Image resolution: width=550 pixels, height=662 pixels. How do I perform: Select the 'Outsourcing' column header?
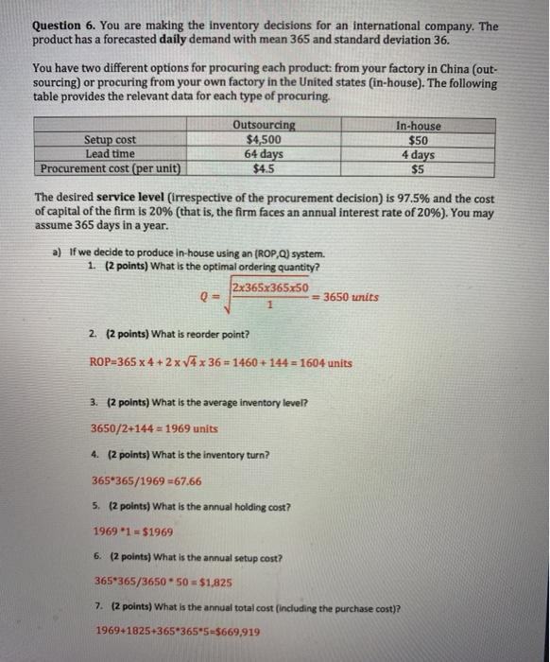[x=264, y=126]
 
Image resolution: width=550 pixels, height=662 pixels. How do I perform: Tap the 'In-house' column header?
[x=419, y=126]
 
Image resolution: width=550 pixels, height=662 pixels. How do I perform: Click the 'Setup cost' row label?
[x=111, y=140]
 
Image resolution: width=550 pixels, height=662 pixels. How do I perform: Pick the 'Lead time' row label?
[x=111, y=153]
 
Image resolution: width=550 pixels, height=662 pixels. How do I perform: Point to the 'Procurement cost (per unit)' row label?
[x=112, y=168]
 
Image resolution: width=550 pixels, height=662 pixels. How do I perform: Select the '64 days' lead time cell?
[x=264, y=154]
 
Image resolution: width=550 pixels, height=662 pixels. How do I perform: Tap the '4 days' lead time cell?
[x=418, y=154]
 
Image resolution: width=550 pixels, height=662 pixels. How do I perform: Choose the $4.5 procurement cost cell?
[x=264, y=168]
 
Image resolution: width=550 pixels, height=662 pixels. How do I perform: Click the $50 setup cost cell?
[x=418, y=140]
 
